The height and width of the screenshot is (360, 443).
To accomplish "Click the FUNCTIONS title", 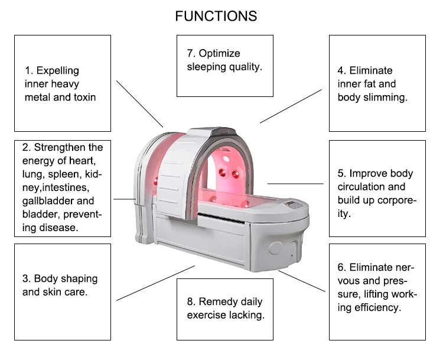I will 216,16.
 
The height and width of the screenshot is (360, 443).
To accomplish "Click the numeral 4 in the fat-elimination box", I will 341,71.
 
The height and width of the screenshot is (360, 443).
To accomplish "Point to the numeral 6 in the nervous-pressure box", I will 341,268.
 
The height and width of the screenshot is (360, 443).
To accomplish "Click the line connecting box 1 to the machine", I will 139,103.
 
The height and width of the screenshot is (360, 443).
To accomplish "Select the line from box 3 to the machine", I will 155,283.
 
